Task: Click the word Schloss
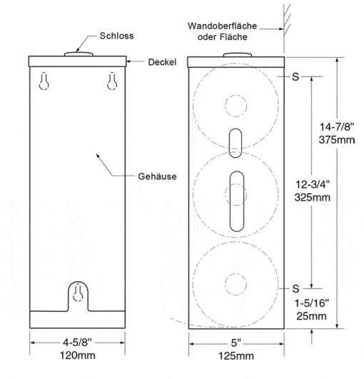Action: pos(116,36)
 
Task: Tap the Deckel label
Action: pos(162,62)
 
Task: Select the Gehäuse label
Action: pos(157,176)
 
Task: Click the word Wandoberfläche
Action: pos(222,26)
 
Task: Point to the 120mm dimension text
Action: pos(78,355)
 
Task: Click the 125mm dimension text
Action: pos(236,356)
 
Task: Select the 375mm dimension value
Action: pos(337,140)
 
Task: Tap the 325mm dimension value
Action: pos(313,198)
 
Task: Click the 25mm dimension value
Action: pos(311,316)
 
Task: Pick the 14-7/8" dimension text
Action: pos(337,126)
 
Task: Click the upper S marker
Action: pos(295,77)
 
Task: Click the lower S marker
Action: pos(296,288)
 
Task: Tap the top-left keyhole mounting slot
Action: pos(44,81)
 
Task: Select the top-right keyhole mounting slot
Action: pos(112,81)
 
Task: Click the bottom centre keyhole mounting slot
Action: pos(78,293)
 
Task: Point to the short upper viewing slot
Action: pos(236,143)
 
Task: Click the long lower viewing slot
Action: pos(237,201)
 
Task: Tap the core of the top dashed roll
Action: pos(236,106)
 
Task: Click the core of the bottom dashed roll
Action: pos(236,284)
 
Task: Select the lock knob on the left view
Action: pos(79,54)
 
